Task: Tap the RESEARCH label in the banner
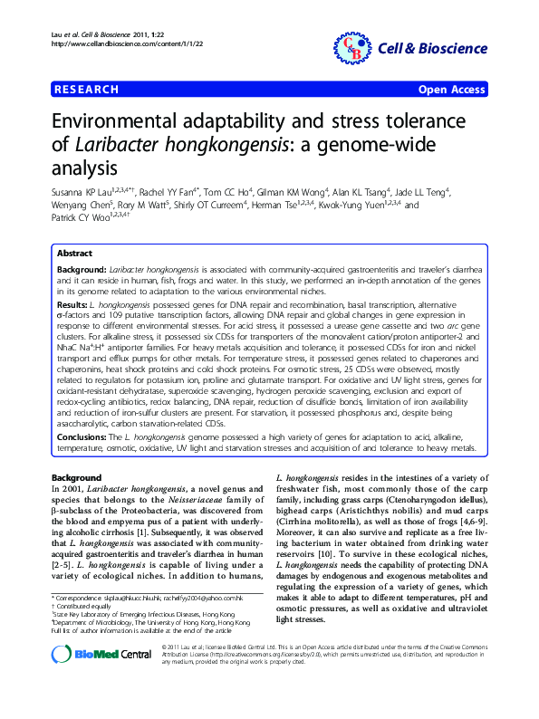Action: pos(87,90)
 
